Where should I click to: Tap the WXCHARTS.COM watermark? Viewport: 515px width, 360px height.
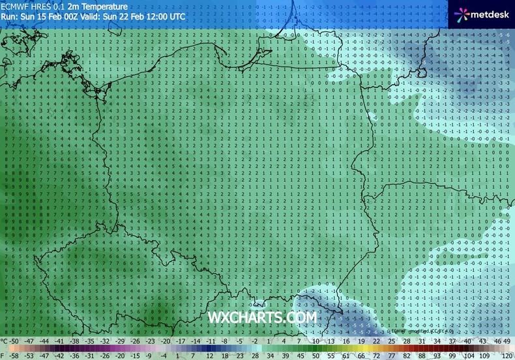click(262, 318)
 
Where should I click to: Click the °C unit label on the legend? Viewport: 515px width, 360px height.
click(4, 341)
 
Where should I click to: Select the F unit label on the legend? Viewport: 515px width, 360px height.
click(3, 355)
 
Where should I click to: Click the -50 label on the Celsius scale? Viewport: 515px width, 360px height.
click(14, 341)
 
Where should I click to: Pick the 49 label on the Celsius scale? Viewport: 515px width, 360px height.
click(507, 341)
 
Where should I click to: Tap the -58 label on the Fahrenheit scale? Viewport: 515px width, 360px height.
click(14, 355)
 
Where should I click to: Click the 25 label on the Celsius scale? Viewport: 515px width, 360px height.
click(391, 341)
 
